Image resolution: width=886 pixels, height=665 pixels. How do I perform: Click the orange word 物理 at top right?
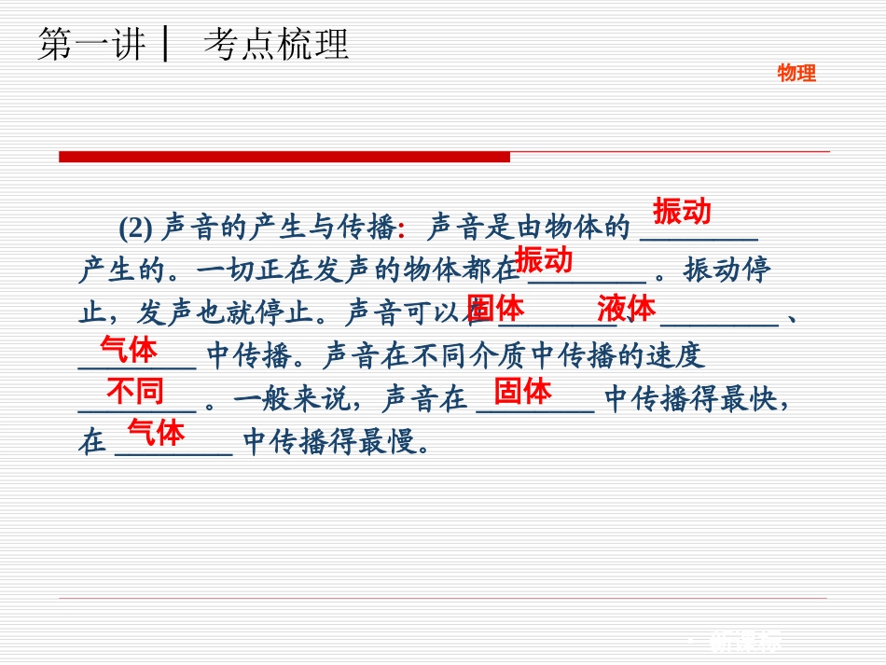click(x=796, y=74)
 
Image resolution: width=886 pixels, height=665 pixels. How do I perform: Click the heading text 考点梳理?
click(x=276, y=44)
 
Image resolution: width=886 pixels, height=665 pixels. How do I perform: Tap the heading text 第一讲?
click(x=91, y=44)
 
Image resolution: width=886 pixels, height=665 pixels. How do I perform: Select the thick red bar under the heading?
click(x=284, y=157)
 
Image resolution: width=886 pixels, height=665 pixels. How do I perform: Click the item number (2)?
click(x=135, y=228)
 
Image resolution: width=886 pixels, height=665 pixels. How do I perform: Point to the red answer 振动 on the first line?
click(x=682, y=212)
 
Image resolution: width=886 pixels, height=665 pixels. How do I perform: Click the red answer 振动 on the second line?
click(x=544, y=259)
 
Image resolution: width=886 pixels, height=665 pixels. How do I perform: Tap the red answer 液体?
click(x=627, y=308)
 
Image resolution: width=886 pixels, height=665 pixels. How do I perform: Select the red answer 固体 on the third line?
click(x=495, y=308)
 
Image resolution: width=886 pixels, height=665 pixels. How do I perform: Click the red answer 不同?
click(x=135, y=391)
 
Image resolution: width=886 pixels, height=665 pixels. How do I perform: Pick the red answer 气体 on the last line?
click(x=156, y=432)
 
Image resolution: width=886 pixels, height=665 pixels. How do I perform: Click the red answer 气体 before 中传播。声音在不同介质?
click(x=129, y=350)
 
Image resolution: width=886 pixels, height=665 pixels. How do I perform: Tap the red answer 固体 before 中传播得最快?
click(x=523, y=391)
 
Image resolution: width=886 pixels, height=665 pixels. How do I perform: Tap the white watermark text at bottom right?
click(x=746, y=641)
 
